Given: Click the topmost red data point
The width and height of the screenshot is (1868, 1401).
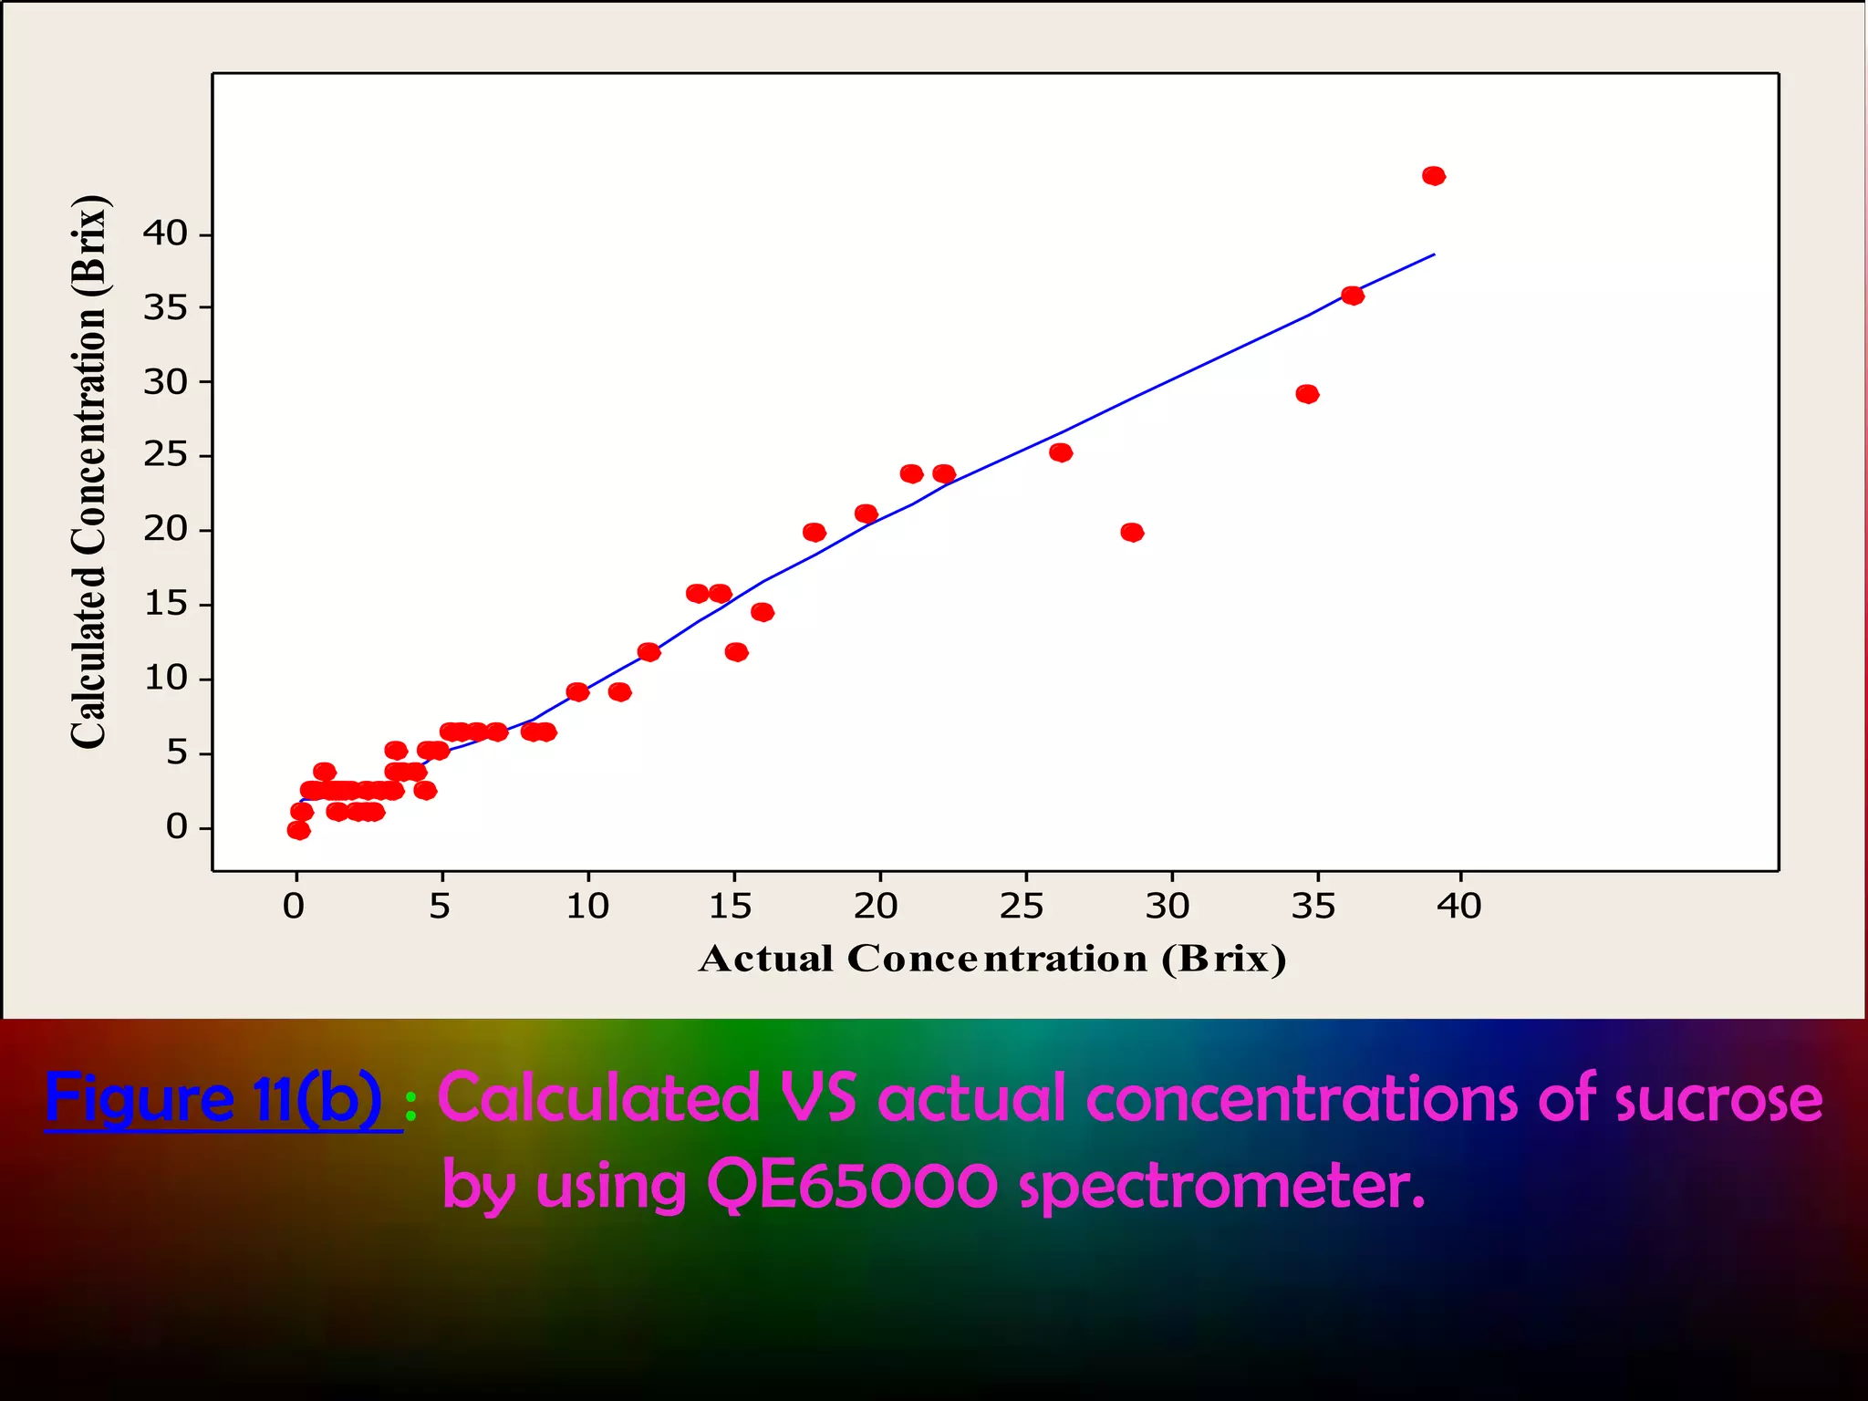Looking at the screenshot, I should click(1433, 176).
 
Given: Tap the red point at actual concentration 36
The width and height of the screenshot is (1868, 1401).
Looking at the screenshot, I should click(1353, 296).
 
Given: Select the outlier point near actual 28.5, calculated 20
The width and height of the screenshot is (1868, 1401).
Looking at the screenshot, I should click(1132, 532).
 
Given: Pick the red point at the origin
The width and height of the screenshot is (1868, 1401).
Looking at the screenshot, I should click(298, 830).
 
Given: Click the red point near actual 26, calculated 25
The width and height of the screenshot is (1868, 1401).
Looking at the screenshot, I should click(1060, 452).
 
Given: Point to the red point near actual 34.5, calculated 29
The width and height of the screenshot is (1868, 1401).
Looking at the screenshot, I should click(1307, 394).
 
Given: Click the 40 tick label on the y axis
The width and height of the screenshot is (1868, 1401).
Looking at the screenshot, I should click(165, 233).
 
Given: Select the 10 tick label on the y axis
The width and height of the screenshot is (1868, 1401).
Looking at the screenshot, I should click(165, 678).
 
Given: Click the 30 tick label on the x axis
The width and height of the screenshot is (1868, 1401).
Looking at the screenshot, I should click(1167, 906).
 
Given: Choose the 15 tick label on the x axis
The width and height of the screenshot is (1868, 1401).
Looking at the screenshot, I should click(731, 906).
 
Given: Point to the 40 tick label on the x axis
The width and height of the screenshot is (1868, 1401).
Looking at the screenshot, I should click(1458, 906).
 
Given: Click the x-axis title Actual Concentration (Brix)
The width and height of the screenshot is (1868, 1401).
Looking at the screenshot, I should click(992, 959).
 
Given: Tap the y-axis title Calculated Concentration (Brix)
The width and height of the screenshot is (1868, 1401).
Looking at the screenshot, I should click(89, 472).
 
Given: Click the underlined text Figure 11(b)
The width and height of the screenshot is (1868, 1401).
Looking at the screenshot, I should click(214, 1097).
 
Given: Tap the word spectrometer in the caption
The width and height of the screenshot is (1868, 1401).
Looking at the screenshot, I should click(1221, 1186).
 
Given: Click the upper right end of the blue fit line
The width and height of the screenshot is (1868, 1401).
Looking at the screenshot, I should click(1434, 254).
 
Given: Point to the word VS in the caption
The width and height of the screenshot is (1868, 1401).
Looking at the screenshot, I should click(818, 1097).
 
